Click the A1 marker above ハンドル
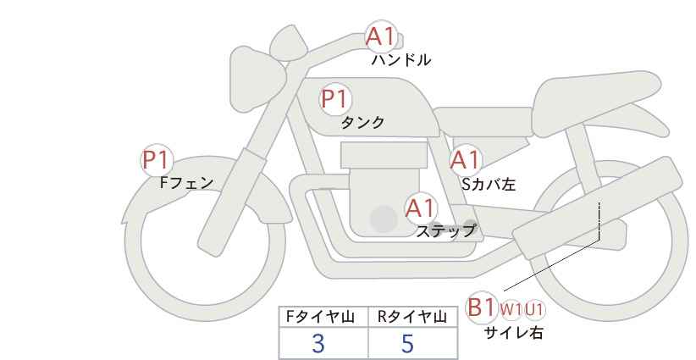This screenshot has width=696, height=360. (x=379, y=37)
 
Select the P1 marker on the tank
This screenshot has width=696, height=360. (x=334, y=99)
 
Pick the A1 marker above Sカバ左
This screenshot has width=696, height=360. (x=465, y=160)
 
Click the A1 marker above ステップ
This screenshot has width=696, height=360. (x=420, y=208)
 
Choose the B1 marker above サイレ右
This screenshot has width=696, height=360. (x=482, y=307)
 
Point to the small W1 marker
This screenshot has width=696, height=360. (x=511, y=310)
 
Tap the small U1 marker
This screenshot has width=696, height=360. (x=534, y=310)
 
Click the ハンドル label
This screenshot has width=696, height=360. (x=401, y=60)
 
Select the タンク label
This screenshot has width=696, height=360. (x=362, y=122)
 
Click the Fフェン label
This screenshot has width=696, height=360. (x=186, y=182)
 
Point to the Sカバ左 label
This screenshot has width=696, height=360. (x=489, y=182)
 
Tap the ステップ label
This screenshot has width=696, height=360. (x=445, y=230)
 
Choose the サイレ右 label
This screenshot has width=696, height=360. (x=513, y=333)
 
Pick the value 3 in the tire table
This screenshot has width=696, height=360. (x=318, y=343)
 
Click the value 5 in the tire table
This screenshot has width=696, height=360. (x=408, y=343)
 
